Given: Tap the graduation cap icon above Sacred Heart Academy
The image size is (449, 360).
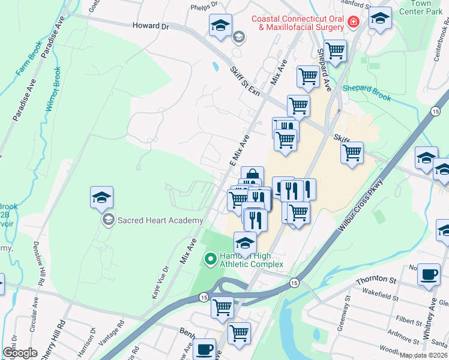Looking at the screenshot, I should click(x=102, y=197).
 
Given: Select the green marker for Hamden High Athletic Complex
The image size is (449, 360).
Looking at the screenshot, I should click(x=210, y=259).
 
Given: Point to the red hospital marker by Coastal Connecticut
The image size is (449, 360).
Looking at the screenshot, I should click(x=354, y=23).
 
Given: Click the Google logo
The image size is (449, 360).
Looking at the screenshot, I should click(x=20, y=353).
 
